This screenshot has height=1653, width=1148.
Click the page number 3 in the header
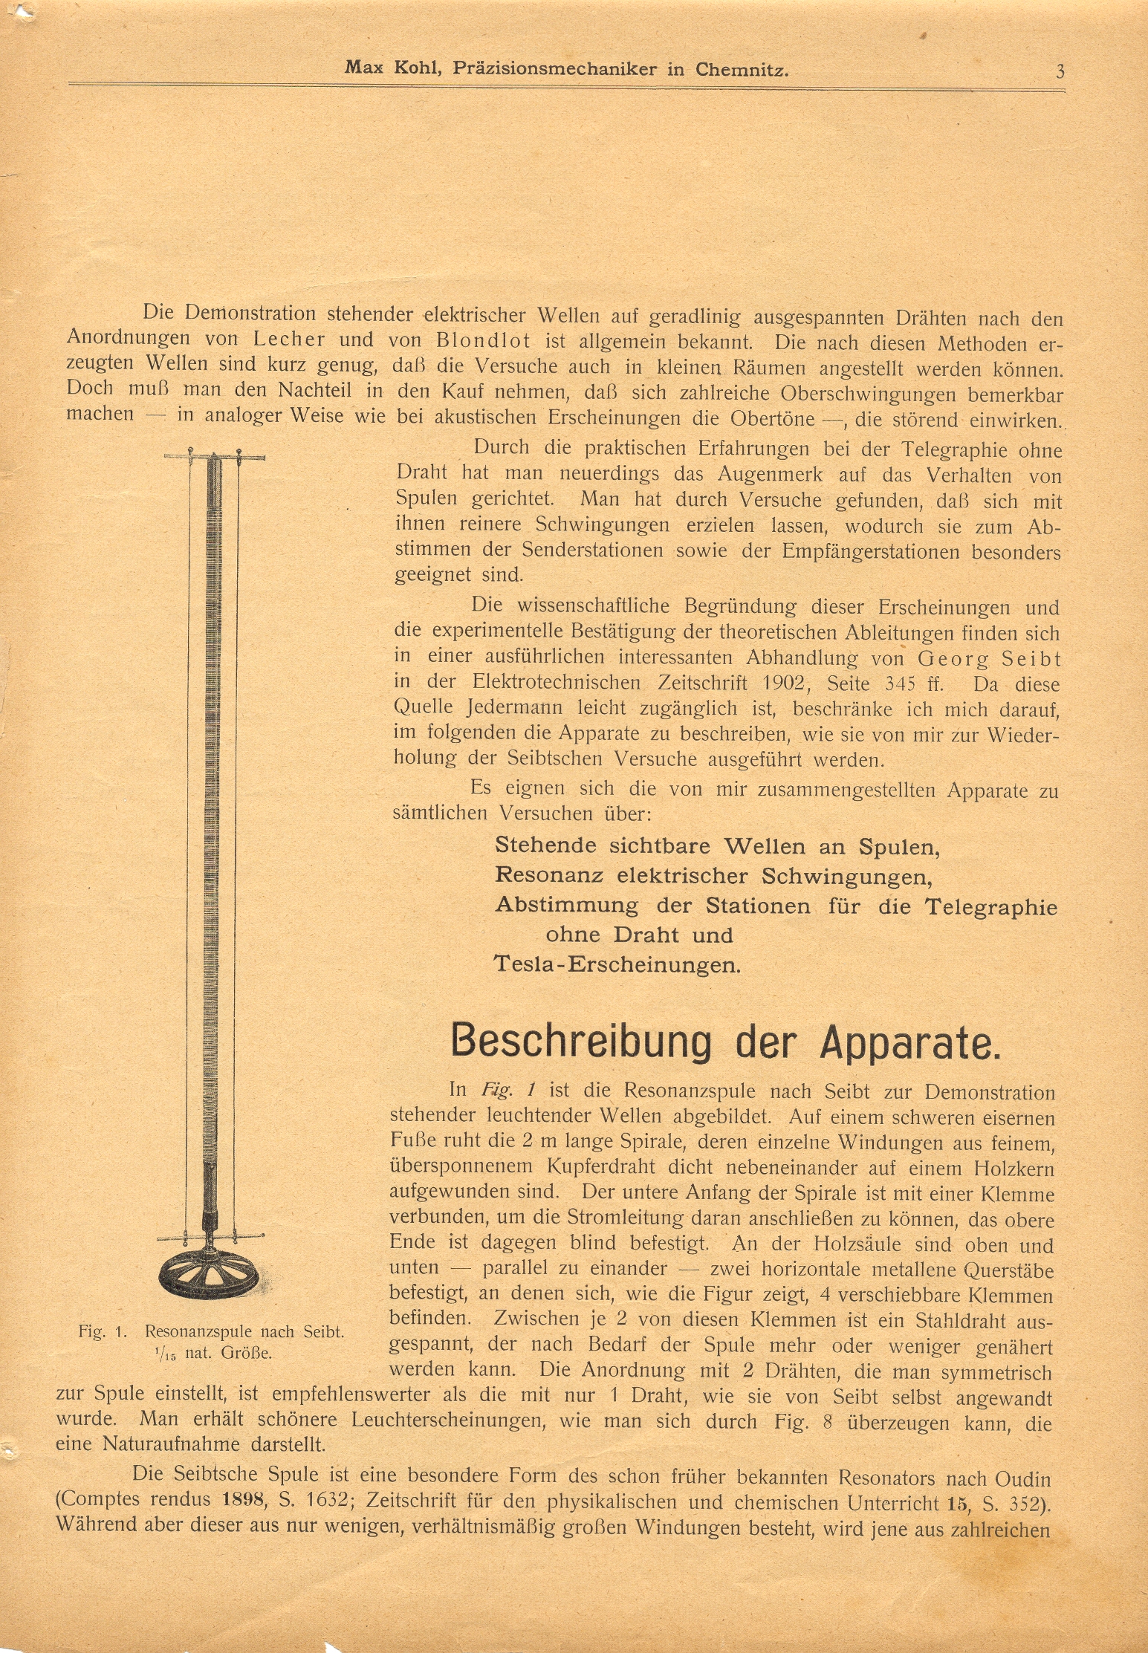tap(1060, 71)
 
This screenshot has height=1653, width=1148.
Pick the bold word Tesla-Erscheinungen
tap(617, 964)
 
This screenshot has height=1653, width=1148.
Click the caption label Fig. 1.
tap(105, 1331)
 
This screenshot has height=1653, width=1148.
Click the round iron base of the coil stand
tap(210, 1276)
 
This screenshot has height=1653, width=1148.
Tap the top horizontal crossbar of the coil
tap(214, 455)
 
